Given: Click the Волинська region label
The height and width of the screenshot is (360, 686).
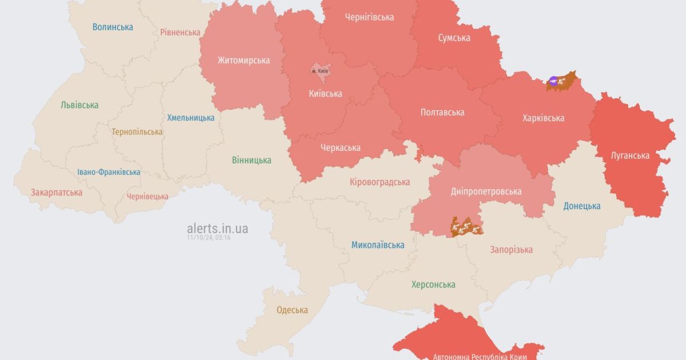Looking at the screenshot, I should point(113,27).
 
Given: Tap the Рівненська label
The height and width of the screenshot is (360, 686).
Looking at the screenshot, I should point(180,33).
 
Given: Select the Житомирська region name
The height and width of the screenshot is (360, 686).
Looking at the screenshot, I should point(244,60).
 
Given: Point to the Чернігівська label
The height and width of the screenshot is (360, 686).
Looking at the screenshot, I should point(369,17).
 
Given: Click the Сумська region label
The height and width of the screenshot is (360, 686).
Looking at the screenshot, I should point(454,38).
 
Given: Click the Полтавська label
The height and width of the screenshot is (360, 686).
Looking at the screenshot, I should point(442,112).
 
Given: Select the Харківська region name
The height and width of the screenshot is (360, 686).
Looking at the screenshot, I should point(543,118).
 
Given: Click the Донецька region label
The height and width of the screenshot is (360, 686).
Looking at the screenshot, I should point(581,206).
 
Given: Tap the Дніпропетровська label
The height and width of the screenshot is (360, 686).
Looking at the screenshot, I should point(485,191).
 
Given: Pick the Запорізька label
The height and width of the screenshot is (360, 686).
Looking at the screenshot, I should point(511,249).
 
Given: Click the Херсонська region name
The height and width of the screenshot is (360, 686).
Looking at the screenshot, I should point(433,285).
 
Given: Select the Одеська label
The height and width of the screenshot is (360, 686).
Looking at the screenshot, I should point(292,310).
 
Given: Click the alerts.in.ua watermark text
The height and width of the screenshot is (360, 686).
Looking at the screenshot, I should point(217,229).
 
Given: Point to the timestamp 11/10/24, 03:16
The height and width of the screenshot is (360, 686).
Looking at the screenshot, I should point(208,238).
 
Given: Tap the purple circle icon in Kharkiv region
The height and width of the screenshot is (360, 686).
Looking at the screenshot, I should point(553,81).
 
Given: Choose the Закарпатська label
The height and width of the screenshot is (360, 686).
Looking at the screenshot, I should point(57,192).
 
